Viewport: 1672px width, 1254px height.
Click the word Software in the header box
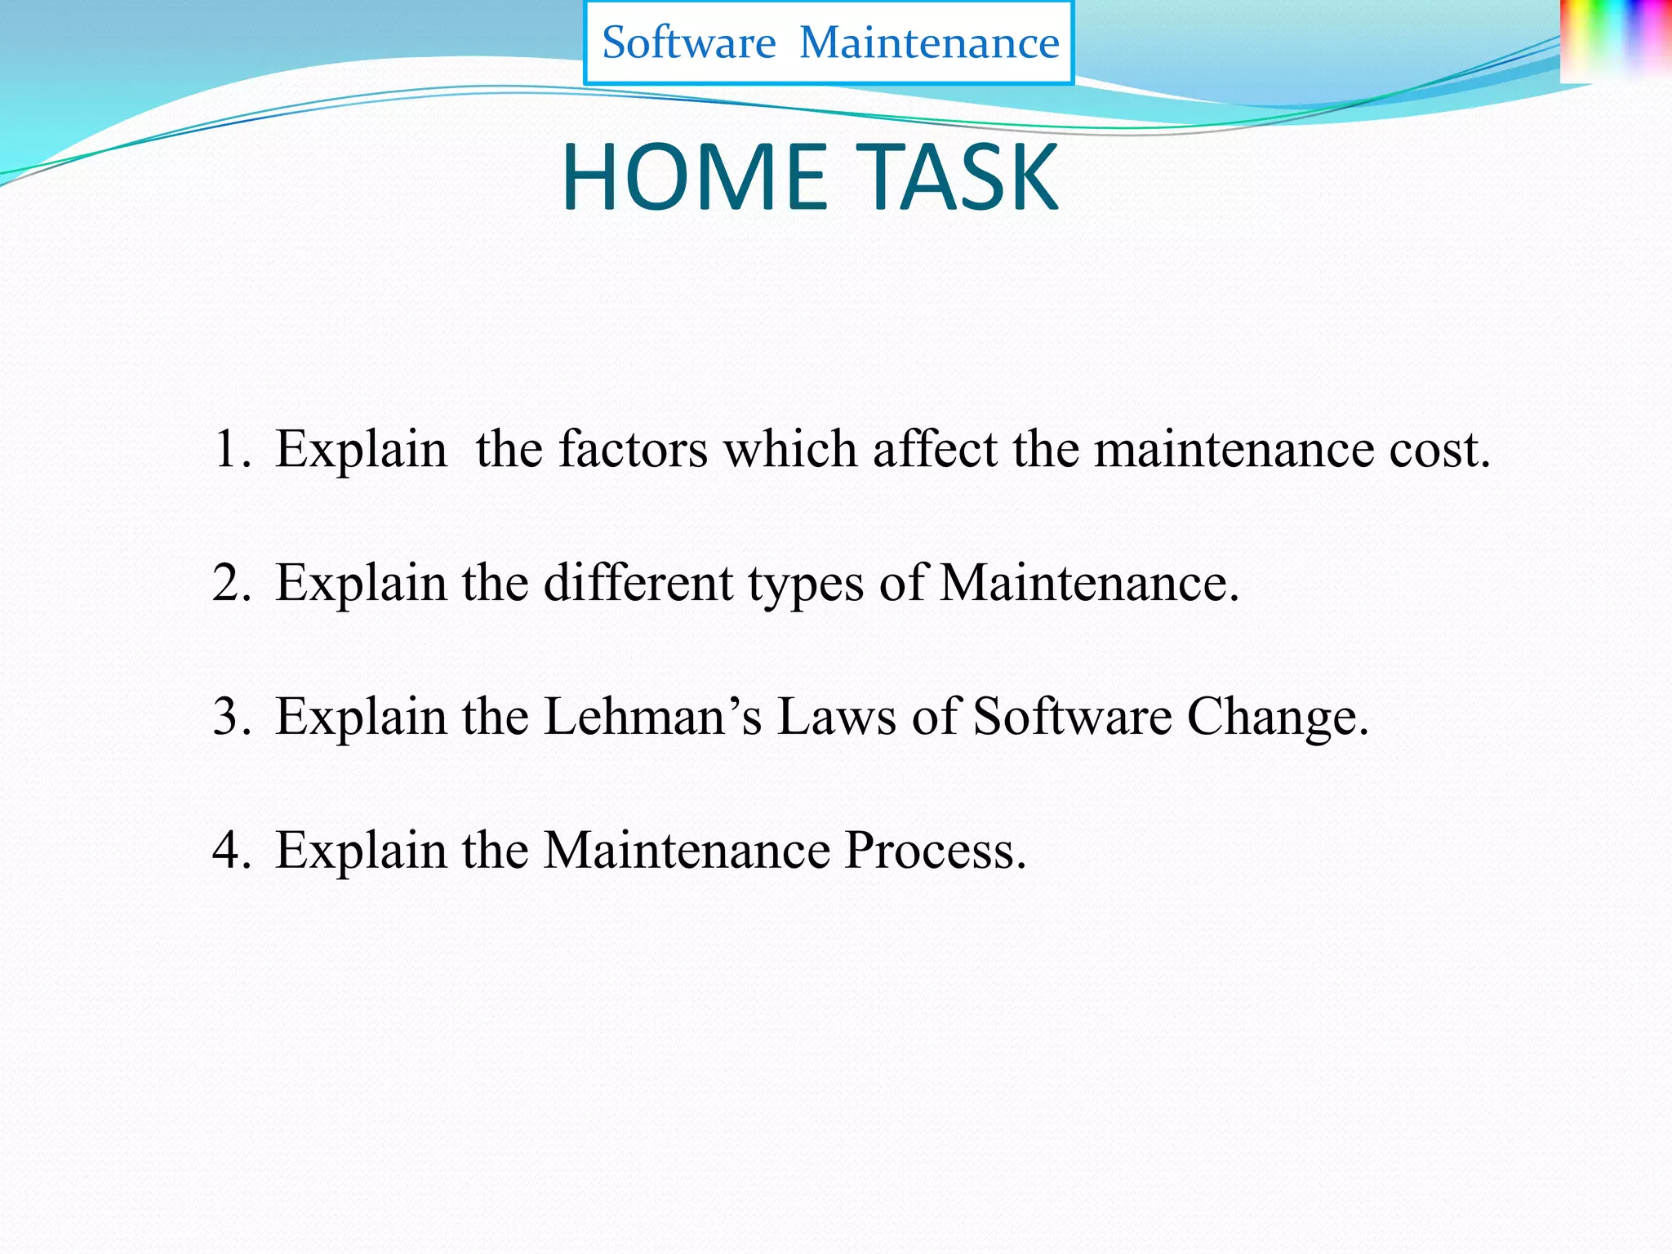[x=688, y=42]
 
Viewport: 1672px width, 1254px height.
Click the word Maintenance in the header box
[x=929, y=42]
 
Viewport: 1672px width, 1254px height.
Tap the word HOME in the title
[x=694, y=177]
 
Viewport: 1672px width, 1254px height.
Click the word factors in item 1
[x=633, y=449]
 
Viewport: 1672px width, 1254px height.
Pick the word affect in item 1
[x=935, y=449]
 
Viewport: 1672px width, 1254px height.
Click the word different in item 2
[x=638, y=583]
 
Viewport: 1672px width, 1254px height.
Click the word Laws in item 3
[x=836, y=717]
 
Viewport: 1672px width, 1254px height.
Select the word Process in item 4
[x=934, y=851]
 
